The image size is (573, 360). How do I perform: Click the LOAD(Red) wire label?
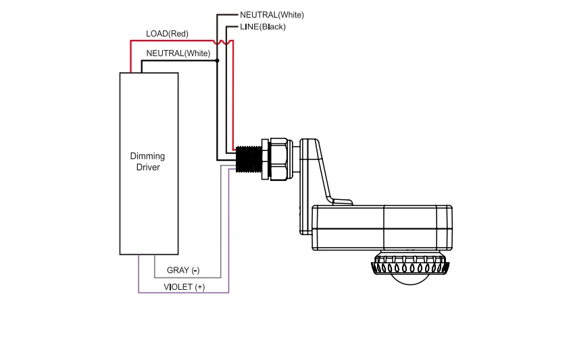(x=167, y=34)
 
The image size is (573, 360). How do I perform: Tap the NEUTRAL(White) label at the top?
(x=272, y=15)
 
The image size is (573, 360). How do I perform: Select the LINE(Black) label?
(x=263, y=26)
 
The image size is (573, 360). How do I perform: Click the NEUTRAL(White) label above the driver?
(x=178, y=53)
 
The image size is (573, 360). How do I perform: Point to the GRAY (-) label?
(x=183, y=270)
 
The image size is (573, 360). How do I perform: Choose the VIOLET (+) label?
(x=184, y=287)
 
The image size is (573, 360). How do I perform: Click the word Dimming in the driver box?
(x=147, y=156)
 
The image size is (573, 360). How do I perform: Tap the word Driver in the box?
(x=148, y=168)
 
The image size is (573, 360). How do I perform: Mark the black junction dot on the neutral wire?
(x=217, y=61)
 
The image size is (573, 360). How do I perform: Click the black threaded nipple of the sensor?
(x=249, y=159)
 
